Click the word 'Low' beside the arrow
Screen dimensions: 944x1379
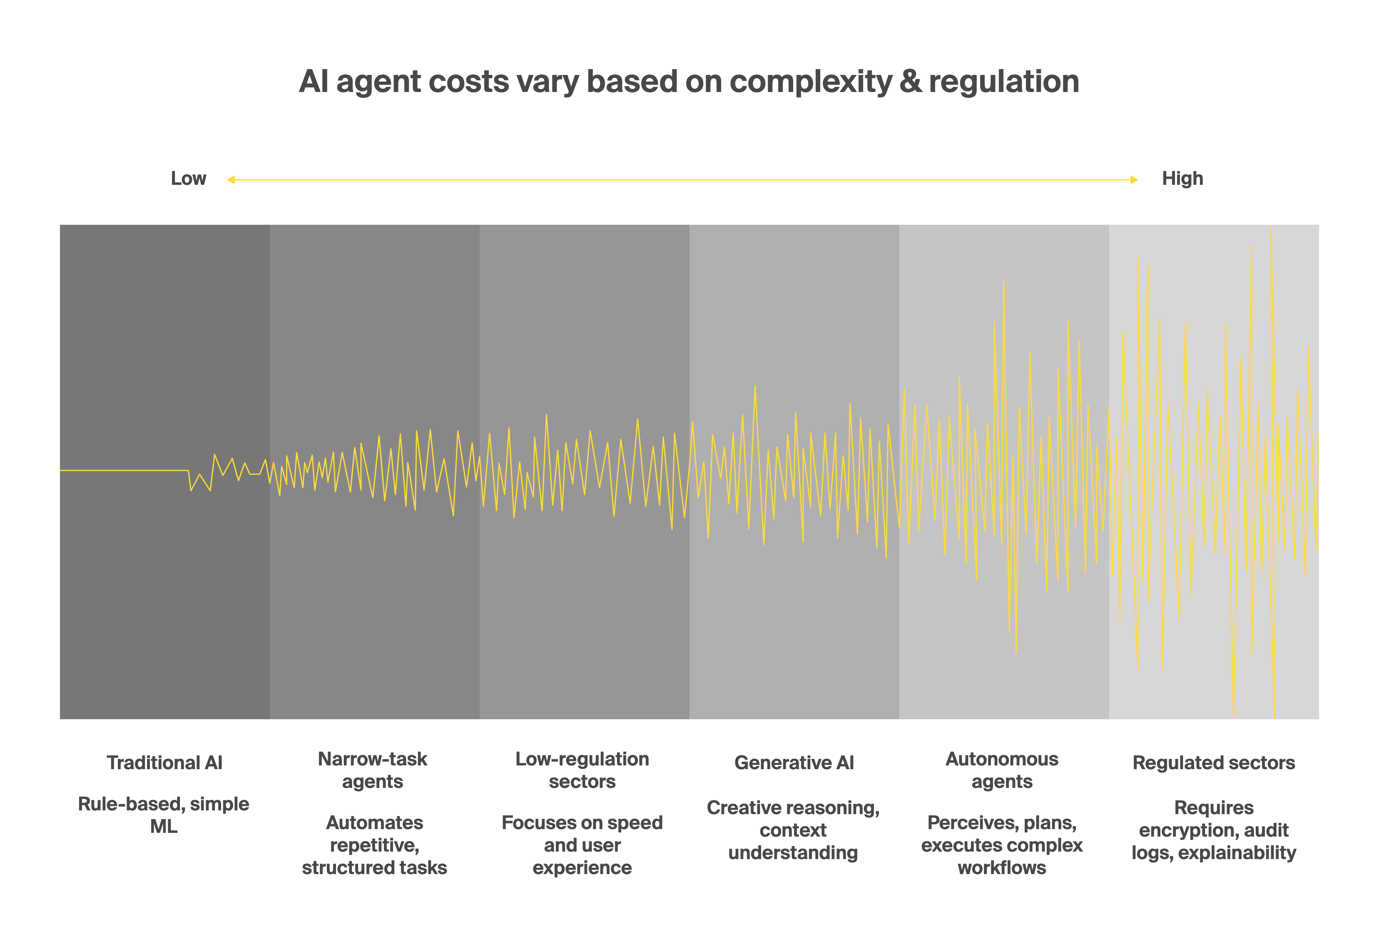tap(188, 179)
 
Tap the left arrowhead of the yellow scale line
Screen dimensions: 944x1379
tap(231, 179)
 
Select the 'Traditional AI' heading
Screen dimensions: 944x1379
tap(164, 763)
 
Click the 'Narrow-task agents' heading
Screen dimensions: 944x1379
tap(373, 770)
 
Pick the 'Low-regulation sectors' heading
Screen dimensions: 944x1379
tap(582, 770)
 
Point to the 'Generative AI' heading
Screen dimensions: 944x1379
tap(794, 763)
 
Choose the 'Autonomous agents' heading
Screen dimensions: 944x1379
tap(1002, 770)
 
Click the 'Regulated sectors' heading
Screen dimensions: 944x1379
tap(1213, 763)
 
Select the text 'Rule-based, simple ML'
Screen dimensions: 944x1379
tap(164, 815)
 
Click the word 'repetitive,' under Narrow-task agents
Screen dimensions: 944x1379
tap(374, 845)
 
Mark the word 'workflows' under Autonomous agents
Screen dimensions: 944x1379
tap(1002, 867)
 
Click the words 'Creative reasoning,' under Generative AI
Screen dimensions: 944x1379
tap(793, 807)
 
